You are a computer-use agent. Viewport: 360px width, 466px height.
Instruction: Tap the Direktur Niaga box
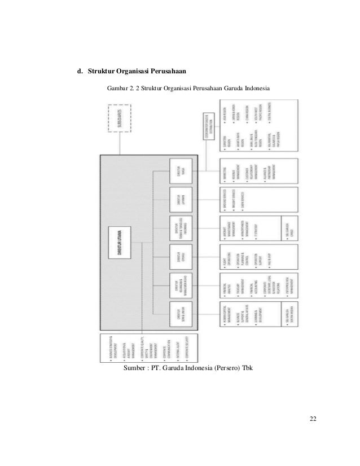(x=182, y=171)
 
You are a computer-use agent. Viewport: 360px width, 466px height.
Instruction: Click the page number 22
(x=313, y=419)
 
